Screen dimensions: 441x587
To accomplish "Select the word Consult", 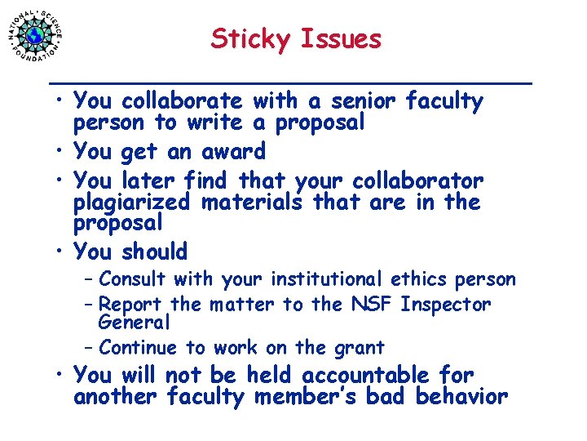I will pos(131,279).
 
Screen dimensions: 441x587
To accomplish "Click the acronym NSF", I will pos(373,305).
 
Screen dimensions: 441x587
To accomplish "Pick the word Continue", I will pos(138,347).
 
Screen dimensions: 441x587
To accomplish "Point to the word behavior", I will pos(461,397).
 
